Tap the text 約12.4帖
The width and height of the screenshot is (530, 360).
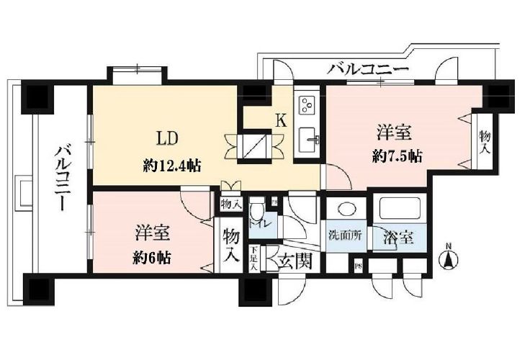(171, 166)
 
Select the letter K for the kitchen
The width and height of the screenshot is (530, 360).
(282, 120)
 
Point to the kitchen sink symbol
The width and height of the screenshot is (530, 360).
(311, 138)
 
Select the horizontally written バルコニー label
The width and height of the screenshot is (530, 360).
(368, 71)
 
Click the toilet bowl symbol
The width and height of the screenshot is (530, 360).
(257, 214)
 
